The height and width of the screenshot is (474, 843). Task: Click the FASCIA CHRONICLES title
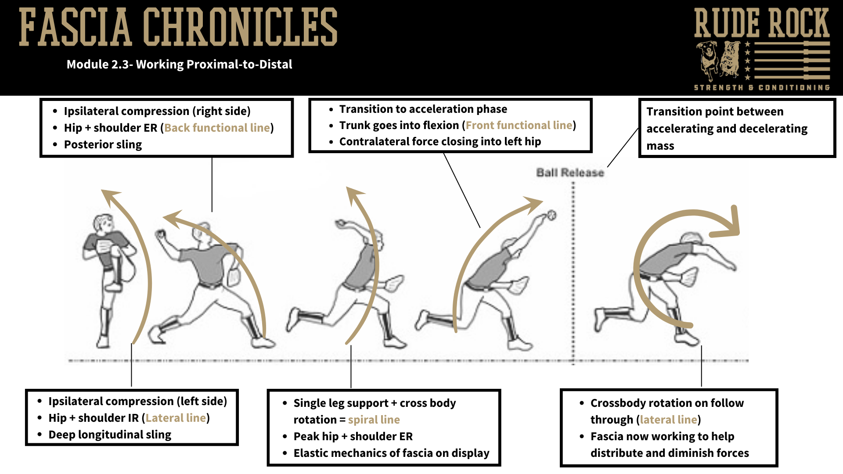tap(178, 27)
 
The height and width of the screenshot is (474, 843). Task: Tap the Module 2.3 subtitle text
tap(179, 65)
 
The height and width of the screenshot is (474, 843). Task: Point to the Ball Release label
tap(570, 172)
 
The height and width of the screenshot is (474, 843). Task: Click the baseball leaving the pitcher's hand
tap(551, 215)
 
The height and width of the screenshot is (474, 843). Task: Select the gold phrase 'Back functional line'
tap(217, 128)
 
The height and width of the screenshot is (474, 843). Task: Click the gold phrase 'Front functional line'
tap(519, 125)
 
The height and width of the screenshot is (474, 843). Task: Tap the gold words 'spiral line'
tap(374, 420)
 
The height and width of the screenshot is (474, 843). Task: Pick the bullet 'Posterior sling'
tap(103, 144)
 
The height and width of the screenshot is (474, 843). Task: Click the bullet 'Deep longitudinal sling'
tap(110, 434)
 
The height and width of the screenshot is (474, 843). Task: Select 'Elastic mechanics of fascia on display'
tap(391, 453)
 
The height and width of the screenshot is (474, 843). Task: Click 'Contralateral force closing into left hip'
tap(440, 141)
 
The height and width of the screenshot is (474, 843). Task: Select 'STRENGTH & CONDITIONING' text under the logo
tap(761, 87)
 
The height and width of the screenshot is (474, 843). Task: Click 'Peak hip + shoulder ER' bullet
tap(353, 436)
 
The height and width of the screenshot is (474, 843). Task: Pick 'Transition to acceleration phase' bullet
tap(423, 109)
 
